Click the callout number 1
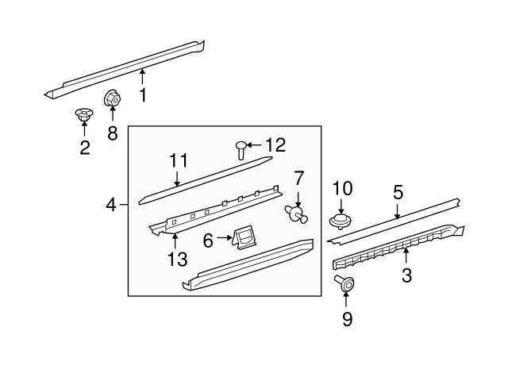(x=144, y=96)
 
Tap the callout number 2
(x=85, y=147)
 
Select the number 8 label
(x=112, y=133)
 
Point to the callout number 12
(x=275, y=145)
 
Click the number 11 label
(x=178, y=161)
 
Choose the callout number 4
(x=112, y=206)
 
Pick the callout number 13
(x=178, y=258)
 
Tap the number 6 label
(x=208, y=240)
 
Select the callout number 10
(x=341, y=189)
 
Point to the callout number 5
(x=398, y=191)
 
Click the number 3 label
(x=406, y=275)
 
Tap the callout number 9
(x=347, y=319)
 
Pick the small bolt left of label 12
(x=241, y=148)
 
